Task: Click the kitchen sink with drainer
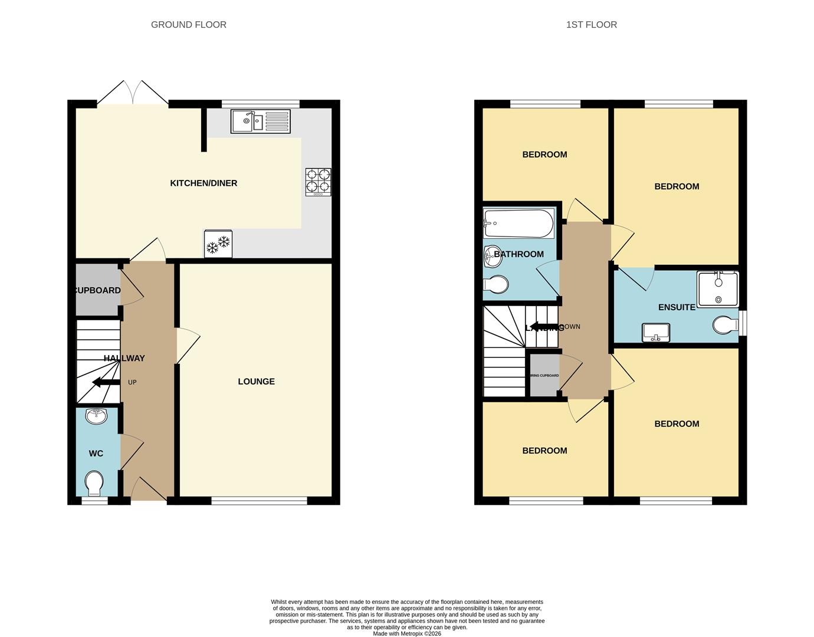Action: click(x=260, y=122)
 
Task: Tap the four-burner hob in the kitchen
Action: click(x=318, y=182)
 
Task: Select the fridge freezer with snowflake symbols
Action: click(x=218, y=244)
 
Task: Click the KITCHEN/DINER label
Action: click(x=203, y=183)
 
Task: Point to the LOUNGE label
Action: click(x=256, y=382)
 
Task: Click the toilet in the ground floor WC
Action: click(x=93, y=484)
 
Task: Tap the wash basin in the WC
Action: click(x=96, y=416)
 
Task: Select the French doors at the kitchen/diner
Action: click(x=133, y=93)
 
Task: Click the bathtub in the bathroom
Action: click(x=518, y=224)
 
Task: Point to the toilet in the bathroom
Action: click(x=496, y=285)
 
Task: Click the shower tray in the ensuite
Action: click(x=717, y=289)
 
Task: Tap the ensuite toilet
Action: click(x=726, y=325)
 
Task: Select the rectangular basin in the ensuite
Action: click(x=655, y=333)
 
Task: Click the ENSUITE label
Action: click(x=677, y=307)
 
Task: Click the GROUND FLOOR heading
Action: click(x=189, y=25)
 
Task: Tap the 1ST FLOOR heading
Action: click(x=591, y=25)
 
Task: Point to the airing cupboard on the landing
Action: click(x=544, y=375)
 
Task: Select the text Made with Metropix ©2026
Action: click(x=407, y=633)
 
